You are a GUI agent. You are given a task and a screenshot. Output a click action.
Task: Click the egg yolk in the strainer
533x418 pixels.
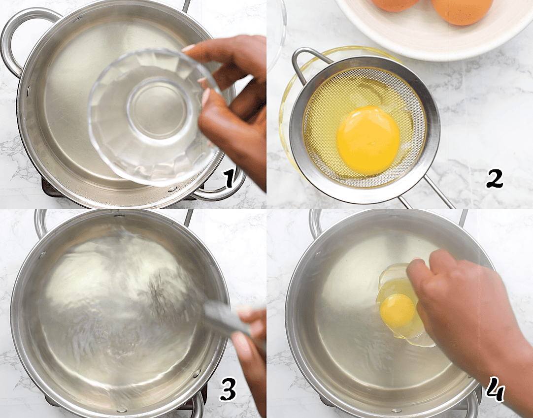[x=368, y=140]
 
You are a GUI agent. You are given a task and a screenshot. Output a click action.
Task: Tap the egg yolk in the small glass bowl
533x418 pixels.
[x=398, y=310]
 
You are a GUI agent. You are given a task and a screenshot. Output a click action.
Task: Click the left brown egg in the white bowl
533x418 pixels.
[x=395, y=4]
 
